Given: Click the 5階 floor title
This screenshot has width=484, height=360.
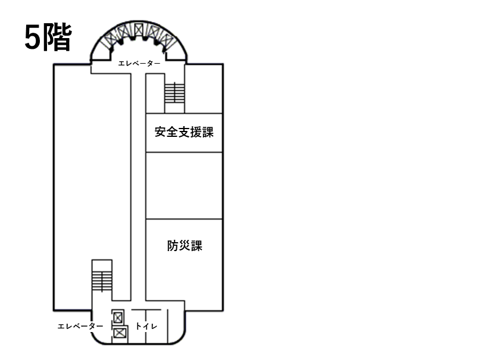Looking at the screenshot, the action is (48, 37).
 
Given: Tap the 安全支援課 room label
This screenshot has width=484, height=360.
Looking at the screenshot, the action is (185, 132).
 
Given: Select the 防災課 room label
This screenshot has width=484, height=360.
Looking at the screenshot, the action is (185, 246).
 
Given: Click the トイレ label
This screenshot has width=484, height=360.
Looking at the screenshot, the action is (146, 326).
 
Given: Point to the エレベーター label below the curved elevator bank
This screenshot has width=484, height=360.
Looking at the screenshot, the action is (139, 64).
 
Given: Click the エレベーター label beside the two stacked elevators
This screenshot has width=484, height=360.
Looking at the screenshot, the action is (80, 326).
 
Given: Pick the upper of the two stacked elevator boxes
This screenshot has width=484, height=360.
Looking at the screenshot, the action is (118, 317).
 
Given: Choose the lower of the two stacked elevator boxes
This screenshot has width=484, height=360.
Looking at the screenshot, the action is (120, 333).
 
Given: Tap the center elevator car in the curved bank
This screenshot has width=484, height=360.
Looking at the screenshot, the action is (139, 30).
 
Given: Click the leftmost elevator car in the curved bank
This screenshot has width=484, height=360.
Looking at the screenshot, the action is (109, 40).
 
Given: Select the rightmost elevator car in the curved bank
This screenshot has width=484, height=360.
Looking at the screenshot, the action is (168, 40).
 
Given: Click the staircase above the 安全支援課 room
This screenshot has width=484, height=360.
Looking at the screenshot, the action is (174, 93).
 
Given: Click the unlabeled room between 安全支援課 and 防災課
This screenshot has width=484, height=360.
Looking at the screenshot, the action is (184, 186).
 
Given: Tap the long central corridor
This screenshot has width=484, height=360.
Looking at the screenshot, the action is (138, 187).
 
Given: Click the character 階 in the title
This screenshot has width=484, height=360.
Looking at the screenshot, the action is (57, 37).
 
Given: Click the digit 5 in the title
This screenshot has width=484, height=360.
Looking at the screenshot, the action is (32, 38).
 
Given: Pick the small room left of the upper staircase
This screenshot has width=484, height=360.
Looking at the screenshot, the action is (155, 93).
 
